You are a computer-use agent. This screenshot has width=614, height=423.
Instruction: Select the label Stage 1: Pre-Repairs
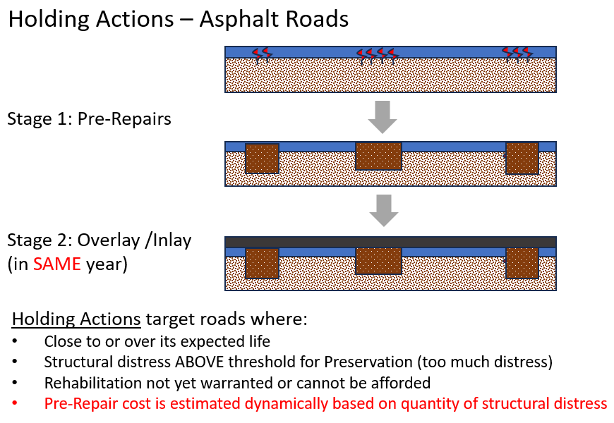pos(89,118)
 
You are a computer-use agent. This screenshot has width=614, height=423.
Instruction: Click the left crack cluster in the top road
pos(262,54)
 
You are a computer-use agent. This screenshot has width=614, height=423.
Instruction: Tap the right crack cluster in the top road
pos(517,54)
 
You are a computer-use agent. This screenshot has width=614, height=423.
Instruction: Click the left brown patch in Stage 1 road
pos(262,159)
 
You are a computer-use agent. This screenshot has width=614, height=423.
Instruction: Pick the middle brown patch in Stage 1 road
pos(378,156)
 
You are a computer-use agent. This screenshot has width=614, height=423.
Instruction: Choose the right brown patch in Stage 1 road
pos(522,158)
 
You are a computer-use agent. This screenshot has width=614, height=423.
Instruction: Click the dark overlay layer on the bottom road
pos(390,242)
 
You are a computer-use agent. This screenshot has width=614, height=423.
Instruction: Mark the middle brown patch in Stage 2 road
pos(378,260)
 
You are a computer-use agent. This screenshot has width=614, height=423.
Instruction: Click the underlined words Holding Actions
pos(76,319)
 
